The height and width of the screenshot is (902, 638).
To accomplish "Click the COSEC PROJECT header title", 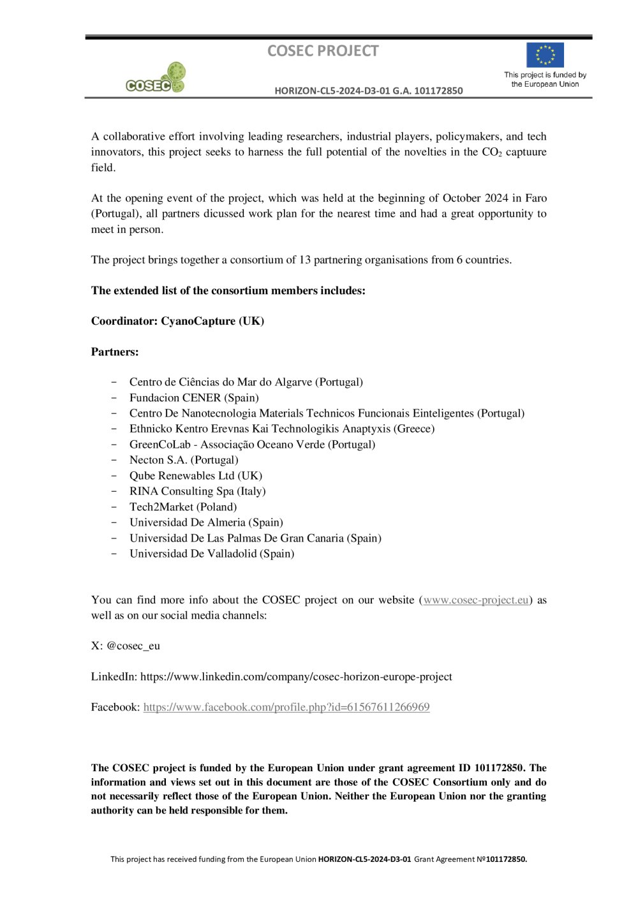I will pyautogui.click(x=323, y=51).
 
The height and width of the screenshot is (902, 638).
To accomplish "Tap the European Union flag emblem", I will pyautogui.click(x=545, y=55).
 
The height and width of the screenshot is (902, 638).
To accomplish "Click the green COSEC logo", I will pyautogui.click(x=156, y=78).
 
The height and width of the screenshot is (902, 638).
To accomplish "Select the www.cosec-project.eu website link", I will pyautogui.click(x=476, y=600).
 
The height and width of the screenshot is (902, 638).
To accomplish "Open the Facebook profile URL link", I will pyautogui.click(x=286, y=707).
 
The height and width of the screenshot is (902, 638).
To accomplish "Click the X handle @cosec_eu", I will pyautogui.click(x=133, y=646).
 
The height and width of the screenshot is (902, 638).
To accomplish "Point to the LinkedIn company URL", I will pyautogui.click(x=296, y=676).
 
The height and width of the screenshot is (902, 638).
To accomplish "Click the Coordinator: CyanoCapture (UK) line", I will pyautogui.click(x=177, y=321).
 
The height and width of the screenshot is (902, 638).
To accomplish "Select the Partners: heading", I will pyautogui.click(x=115, y=351).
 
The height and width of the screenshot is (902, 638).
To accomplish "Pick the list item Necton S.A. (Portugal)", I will pyautogui.click(x=184, y=460).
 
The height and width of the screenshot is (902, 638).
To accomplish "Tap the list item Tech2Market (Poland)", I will pyautogui.click(x=183, y=506).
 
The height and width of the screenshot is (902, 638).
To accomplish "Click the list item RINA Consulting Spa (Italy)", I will pyautogui.click(x=198, y=491).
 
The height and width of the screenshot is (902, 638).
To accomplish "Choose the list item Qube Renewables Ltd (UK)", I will pyautogui.click(x=196, y=475).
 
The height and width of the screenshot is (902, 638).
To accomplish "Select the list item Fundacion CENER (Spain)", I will pyautogui.click(x=194, y=397).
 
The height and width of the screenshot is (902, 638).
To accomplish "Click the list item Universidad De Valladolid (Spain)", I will pyautogui.click(x=212, y=554).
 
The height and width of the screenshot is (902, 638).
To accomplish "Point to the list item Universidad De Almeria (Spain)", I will pyautogui.click(x=206, y=522).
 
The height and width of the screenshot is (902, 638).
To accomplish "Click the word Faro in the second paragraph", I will pyautogui.click(x=536, y=198).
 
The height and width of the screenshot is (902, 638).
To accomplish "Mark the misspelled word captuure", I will pyautogui.click(x=526, y=152).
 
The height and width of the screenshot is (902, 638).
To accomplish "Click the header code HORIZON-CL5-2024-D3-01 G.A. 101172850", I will pyautogui.click(x=369, y=91).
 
